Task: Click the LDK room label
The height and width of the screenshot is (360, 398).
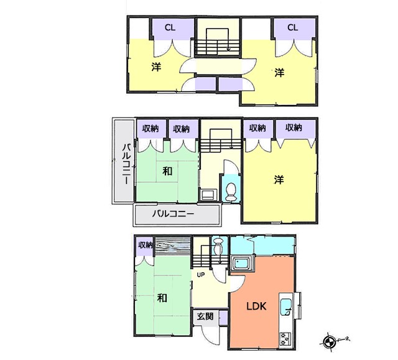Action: tap(256, 306)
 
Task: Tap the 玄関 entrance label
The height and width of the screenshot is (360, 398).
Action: tap(205, 316)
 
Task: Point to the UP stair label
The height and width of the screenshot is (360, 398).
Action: tap(200, 275)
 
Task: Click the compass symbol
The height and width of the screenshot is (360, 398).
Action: tap(328, 341)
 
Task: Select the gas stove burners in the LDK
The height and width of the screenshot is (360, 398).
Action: tap(285, 339)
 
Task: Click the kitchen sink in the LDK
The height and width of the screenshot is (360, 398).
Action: tap(286, 307)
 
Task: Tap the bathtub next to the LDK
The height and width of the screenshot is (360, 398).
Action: tap(242, 263)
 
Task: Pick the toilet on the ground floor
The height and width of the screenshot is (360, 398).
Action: tap(218, 246)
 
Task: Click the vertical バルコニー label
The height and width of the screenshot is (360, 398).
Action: tap(127, 164)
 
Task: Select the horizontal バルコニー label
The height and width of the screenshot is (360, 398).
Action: tap(173, 214)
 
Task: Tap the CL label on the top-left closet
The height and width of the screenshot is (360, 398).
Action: tap(170, 27)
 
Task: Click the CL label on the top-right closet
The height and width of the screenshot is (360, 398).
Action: tap(293, 27)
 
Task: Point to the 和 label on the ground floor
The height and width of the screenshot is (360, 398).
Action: tap(162, 297)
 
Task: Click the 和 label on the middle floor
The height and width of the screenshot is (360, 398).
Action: tap(167, 171)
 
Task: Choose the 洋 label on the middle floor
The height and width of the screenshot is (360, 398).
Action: tap(279, 180)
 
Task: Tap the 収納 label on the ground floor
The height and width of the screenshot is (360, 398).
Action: tap(146, 245)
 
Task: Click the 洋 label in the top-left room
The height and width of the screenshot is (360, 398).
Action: tap(156, 67)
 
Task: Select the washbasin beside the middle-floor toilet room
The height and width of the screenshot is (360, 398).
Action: tap(208, 195)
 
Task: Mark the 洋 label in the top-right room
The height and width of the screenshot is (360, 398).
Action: tap(279, 73)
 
